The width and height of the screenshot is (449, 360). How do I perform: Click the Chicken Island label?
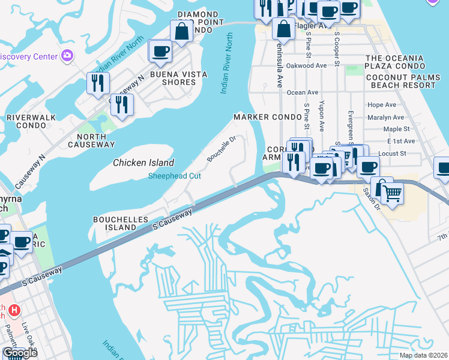pyautogui.click(x=143, y=163)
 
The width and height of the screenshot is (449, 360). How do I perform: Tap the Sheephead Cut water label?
pyautogui.click(x=175, y=176)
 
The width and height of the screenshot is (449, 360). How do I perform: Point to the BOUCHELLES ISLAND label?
pyautogui.click(x=120, y=224)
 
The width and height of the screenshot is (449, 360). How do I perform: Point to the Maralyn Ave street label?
pyautogui.click(x=385, y=118)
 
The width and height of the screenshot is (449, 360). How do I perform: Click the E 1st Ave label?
pyautogui.click(x=401, y=141)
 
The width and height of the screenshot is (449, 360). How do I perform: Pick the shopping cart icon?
pyautogui.click(x=392, y=193)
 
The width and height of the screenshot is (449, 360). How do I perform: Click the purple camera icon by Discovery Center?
pyautogui.click(x=67, y=56)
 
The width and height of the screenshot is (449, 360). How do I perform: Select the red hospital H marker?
pyautogui.click(x=16, y=311)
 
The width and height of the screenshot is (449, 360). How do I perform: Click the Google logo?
pyautogui.click(x=19, y=353)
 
